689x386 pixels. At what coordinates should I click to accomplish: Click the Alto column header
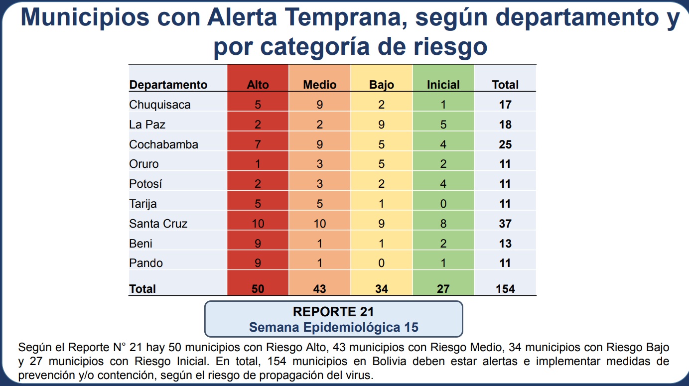(258, 85)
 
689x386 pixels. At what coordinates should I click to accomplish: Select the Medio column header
(320, 85)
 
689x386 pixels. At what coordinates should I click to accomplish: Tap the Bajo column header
(382, 85)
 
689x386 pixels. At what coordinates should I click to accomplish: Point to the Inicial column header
(443, 85)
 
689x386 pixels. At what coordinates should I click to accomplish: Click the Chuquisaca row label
(160, 105)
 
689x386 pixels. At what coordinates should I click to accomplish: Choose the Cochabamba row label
(163, 144)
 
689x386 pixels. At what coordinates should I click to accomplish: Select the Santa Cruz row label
(158, 224)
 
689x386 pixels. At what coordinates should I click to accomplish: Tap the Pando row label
(146, 263)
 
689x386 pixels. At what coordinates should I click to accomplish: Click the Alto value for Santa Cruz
(258, 224)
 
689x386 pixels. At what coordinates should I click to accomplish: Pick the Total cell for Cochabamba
(505, 144)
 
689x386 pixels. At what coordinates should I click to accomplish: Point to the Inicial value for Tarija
(443, 204)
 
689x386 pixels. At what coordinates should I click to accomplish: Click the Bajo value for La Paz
(382, 125)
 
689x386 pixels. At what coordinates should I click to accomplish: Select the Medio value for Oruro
(320, 164)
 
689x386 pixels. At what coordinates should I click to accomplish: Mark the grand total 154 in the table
(505, 289)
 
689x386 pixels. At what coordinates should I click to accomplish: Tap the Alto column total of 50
(258, 289)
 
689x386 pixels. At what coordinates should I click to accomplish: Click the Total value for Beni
(505, 244)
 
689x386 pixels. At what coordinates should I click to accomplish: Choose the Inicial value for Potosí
(443, 184)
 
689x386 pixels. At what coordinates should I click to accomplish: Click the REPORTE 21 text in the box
(333, 312)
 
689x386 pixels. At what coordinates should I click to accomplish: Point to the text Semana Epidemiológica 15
(333, 327)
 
